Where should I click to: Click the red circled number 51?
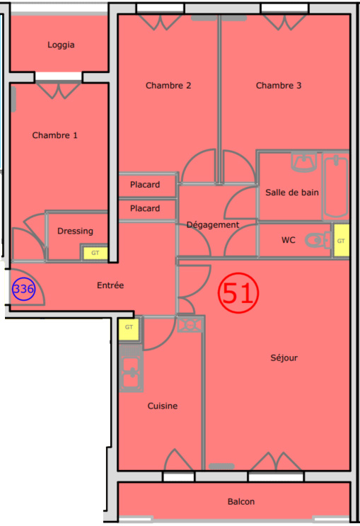pos(238,292)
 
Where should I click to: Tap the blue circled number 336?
pos(23,289)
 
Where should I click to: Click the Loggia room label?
pos(61,45)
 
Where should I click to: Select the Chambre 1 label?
pos(54,135)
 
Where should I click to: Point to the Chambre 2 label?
pos(168,86)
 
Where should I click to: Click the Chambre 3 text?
pos(279,86)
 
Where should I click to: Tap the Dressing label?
pos(76,231)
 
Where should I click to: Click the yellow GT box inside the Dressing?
pos(95,253)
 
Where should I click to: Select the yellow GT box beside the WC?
pos(341,241)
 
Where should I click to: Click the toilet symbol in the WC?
pos(317,240)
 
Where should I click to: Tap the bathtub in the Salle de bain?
pos(335,186)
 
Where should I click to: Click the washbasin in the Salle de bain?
pos(304,162)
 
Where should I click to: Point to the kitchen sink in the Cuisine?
pos(131,372)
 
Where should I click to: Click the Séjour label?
pos(284,358)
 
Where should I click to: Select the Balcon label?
pos(241,501)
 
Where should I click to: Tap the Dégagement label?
pos(213,224)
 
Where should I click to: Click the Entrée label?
pos(110,285)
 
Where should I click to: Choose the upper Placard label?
pos(145,185)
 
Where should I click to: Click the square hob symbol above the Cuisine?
pos(190,325)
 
